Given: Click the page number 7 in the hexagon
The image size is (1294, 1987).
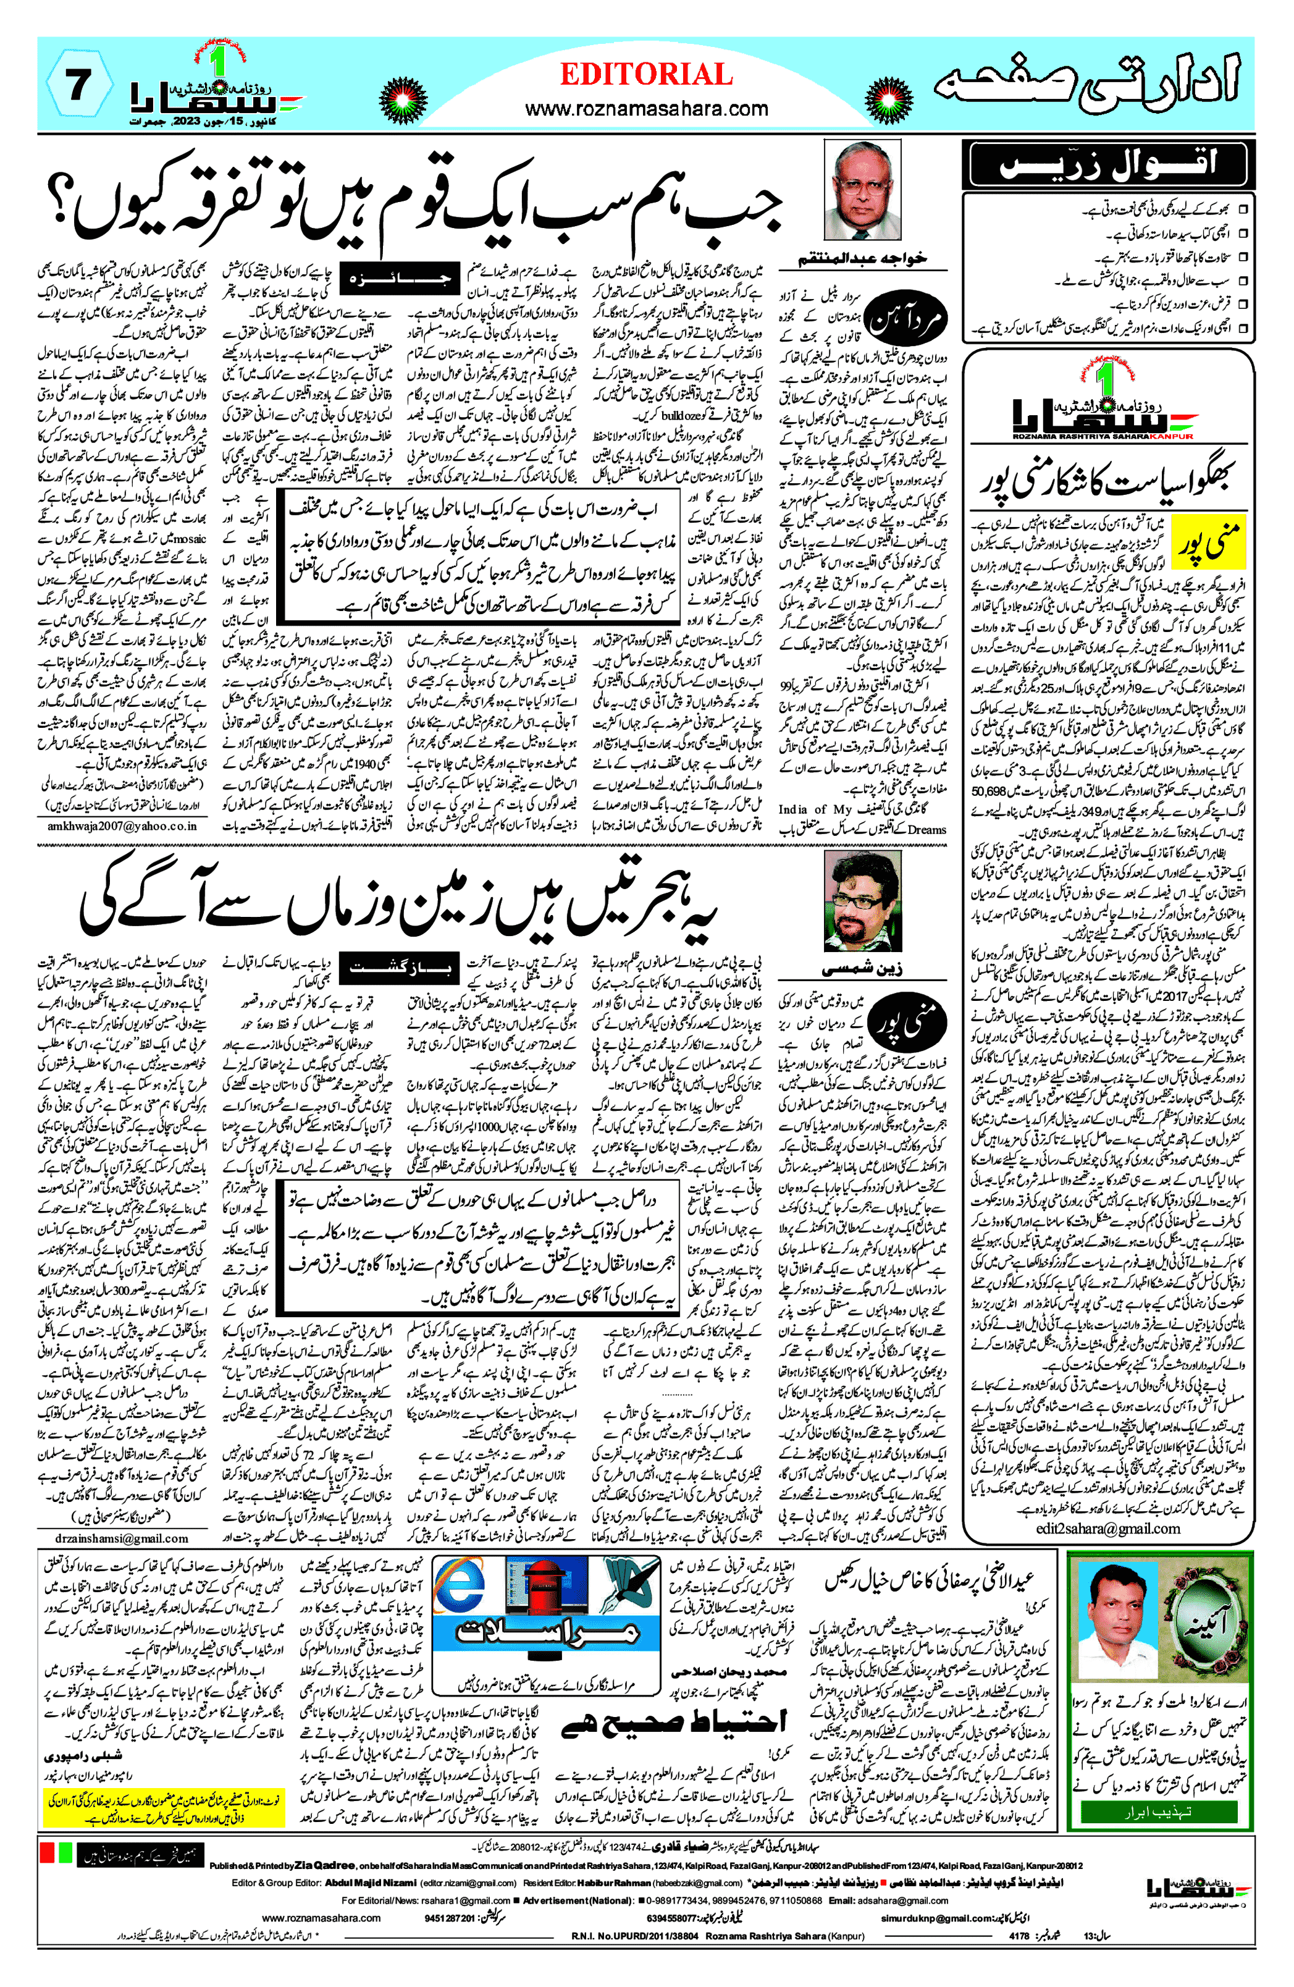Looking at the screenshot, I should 78,85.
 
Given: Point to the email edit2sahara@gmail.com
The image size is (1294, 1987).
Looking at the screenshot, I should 1108,1528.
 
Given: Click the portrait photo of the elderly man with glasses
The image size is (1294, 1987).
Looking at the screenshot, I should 862,190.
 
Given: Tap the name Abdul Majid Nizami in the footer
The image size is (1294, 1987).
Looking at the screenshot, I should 370,1883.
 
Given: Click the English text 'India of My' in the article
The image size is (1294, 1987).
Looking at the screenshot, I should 817,809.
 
